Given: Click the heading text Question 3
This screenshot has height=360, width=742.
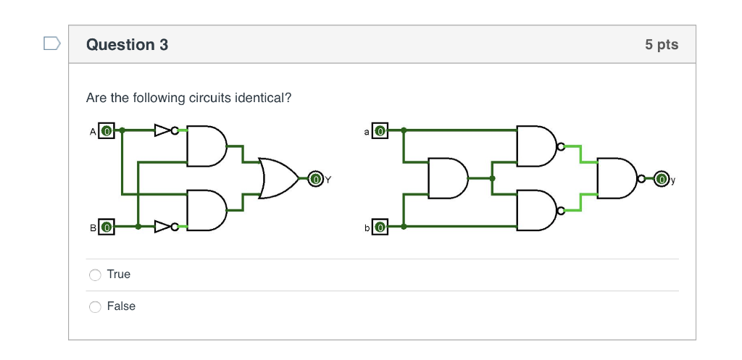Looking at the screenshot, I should point(127,45).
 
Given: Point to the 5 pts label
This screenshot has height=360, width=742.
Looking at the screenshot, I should point(662,45).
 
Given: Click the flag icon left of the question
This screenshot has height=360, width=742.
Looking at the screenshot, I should point(51,44).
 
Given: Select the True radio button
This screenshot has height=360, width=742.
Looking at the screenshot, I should point(95,275).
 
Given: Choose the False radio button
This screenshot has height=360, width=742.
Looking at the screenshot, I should point(95,306).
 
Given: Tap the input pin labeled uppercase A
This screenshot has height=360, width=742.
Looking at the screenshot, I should point(106,131).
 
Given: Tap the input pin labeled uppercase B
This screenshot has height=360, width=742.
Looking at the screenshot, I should point(106,227).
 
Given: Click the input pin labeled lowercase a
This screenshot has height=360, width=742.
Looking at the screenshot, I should point(380,131).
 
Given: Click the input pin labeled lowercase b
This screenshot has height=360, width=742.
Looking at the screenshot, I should point(380,227).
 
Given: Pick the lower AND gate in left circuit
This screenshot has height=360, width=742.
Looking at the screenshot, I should point(206,210).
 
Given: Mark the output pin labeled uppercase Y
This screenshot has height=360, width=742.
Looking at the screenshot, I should point(316,178).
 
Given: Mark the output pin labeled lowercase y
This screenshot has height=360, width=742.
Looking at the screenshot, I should point(662,178).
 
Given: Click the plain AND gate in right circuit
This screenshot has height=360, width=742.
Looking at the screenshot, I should point(447,178).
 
